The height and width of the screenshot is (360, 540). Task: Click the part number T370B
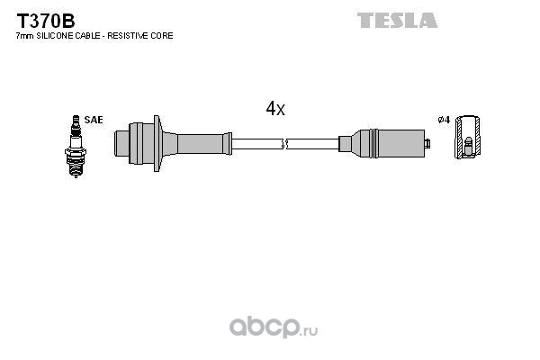[46, 22]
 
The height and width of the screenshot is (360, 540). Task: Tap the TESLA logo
[397, 21]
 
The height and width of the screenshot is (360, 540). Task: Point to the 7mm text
[25, 36]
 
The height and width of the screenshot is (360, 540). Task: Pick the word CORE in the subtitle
[164, 36]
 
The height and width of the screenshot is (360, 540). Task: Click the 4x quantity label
[275, 108]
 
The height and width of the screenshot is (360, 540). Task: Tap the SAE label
[94, 120]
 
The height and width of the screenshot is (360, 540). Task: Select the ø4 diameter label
[445, 120]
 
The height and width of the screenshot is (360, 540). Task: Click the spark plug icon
[76, 147]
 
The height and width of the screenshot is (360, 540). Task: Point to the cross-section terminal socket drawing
[467, 137]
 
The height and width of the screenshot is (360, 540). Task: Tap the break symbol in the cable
[284, 144]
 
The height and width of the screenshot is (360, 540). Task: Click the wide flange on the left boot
[157, 143]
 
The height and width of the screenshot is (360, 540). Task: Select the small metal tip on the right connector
[427, 143]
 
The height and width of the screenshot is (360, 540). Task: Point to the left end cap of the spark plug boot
[121, 143]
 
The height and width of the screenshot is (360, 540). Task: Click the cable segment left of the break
[256, 144]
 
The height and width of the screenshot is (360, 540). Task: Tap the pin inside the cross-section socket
[468, 147]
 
